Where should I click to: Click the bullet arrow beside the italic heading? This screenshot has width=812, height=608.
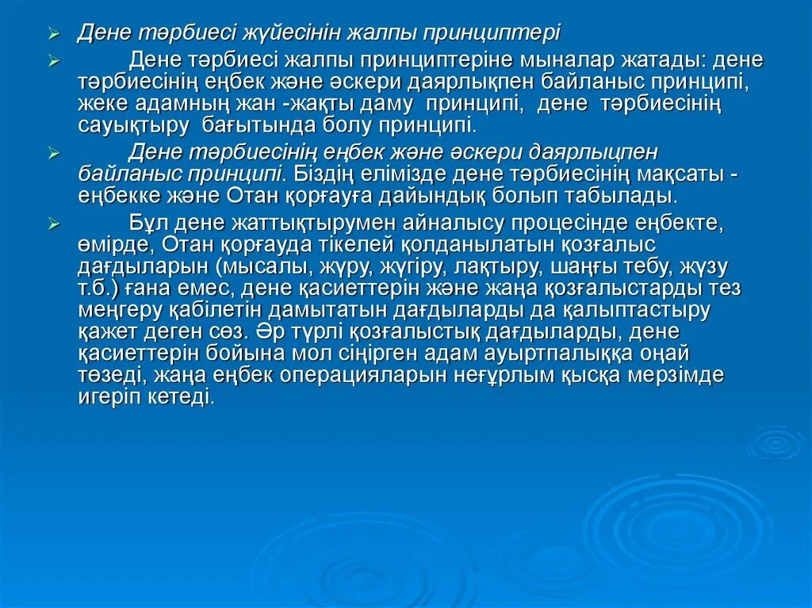tap(53, 35)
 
